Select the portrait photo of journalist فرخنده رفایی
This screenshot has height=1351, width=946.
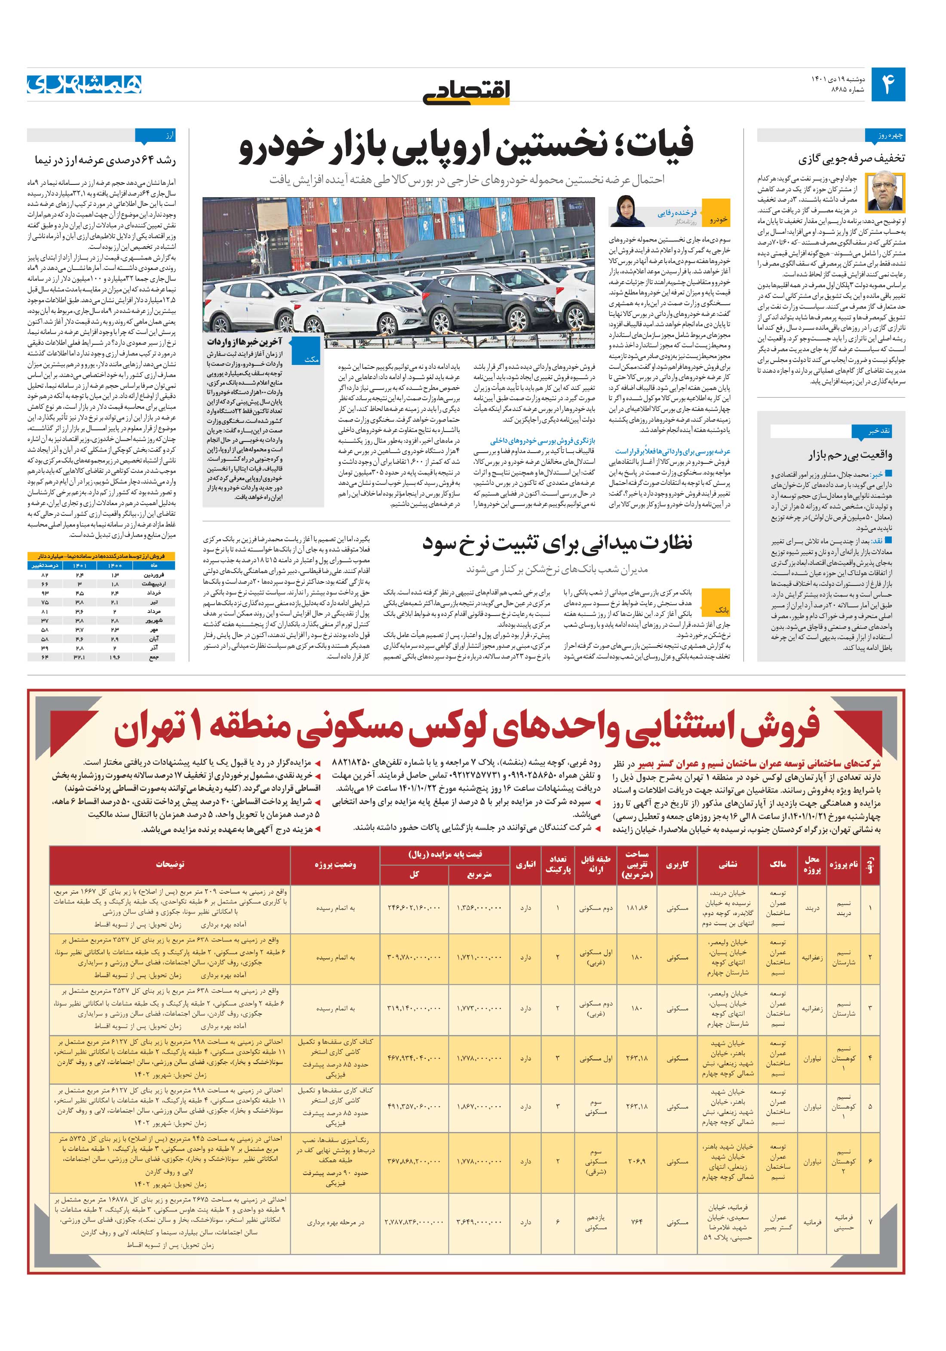(625, 211)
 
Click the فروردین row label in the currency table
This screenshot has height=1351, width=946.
(154, 574)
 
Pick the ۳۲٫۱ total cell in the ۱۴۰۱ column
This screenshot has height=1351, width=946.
(80, 657)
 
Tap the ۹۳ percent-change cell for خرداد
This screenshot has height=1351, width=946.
(44, 593)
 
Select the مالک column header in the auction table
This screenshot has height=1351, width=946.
(777, 864)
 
